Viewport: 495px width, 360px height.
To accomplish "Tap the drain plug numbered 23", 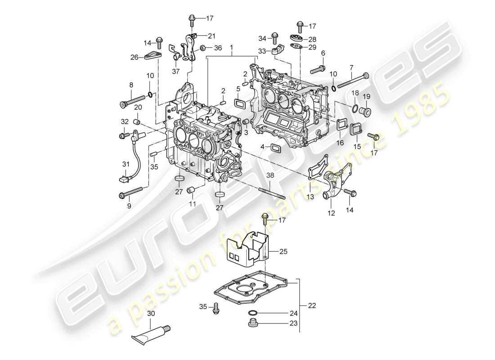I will coord(252,323).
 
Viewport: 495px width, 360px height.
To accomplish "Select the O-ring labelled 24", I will coord(252,313).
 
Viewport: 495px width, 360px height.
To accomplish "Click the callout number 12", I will coord(331,214).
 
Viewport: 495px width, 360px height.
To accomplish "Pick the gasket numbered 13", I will coord(318,173).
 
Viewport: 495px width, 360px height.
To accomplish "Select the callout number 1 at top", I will coord(232,47).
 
